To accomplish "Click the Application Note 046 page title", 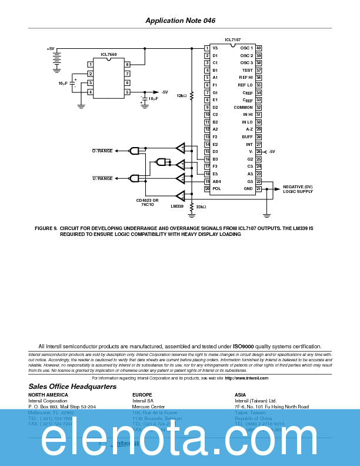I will (x=180, y=21).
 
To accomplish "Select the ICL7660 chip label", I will (x=108, y=54).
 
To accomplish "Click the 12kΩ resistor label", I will (x=181, y=95).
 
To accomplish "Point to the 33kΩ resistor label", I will (x=201, y=207).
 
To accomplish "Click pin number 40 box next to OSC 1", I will (x=258, y=48).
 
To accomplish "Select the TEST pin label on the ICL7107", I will (x=247, y=70).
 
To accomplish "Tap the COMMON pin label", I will (x=243, y=107).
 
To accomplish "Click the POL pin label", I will (x=216, y=188).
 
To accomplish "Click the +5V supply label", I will (x=51, y=49).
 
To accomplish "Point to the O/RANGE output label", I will (x=102, y=151).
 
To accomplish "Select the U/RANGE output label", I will (x=102, y=178).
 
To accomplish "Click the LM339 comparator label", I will (x=177, y=207).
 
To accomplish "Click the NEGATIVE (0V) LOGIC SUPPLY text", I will (x=298, y=189).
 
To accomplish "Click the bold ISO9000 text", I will (x=244, y=347).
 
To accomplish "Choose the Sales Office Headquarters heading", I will (x=72, y=387).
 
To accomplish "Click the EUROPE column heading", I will (x=142, y=395).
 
